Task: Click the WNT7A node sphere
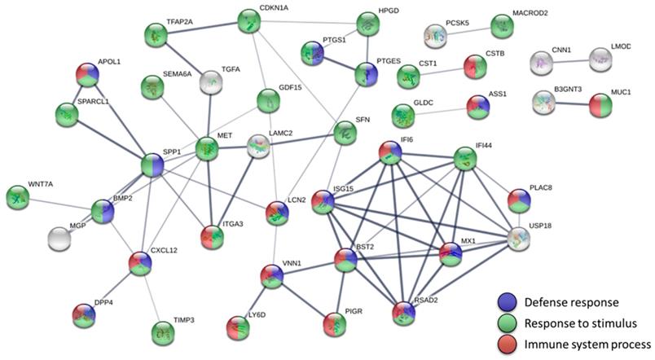pos(17,196)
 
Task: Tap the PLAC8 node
pos(519,200)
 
